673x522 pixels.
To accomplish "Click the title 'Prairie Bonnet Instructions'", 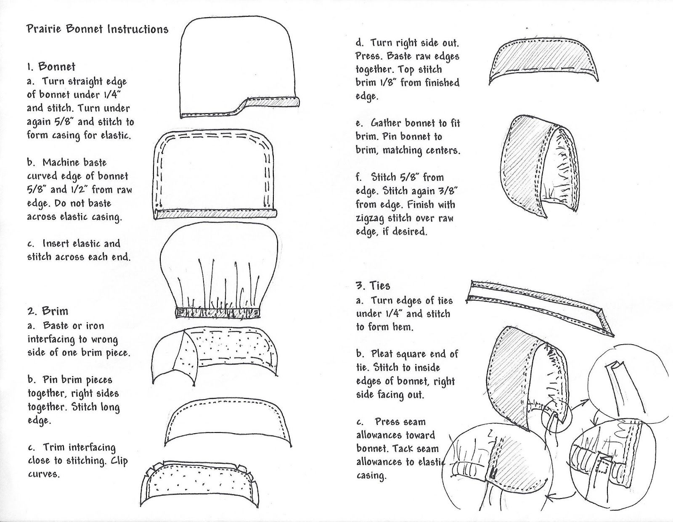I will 97,29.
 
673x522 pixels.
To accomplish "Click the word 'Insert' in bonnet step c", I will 56,244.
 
